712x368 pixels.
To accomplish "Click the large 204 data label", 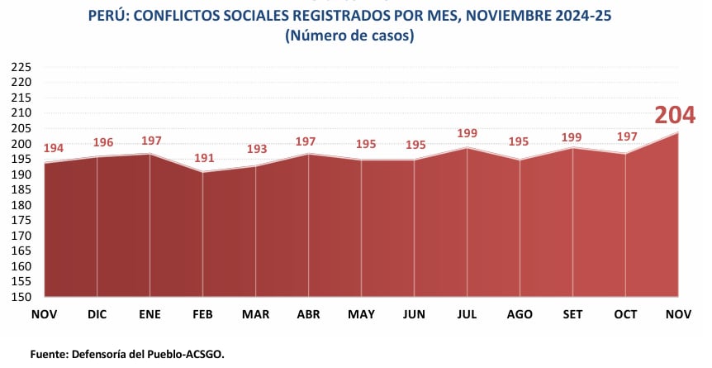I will (x=675, y=116).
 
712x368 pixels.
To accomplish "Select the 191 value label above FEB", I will (x=203, y=159).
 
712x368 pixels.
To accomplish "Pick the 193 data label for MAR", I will (x=256, y=149).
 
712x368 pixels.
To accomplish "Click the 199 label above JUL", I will (x=468, y=134).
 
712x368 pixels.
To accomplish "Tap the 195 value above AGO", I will (x=520, y=141).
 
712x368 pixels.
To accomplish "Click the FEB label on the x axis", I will (x=203, y=315).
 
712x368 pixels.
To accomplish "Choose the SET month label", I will (x=572, y=315).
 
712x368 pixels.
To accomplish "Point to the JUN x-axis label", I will (x=414, y=315).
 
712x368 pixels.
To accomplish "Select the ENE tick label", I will (x=150, y=315).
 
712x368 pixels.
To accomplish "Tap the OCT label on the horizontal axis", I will (x=625, y=315).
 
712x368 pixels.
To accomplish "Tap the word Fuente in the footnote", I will (x=50, y=353).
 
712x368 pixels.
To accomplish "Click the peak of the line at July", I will (x=468, y=148).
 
